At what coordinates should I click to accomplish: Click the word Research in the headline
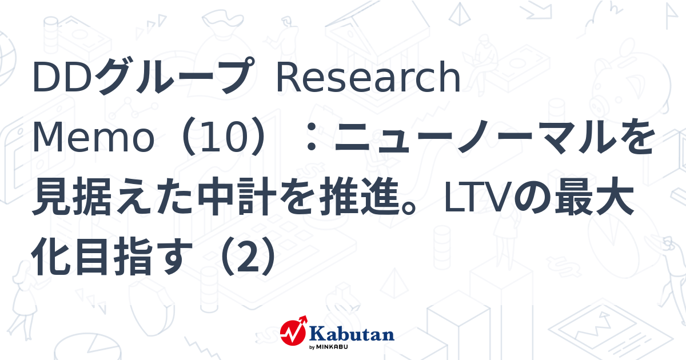368,77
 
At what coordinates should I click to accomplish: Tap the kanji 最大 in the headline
595,196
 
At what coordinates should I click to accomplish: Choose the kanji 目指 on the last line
113,255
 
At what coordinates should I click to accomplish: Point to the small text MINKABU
332,347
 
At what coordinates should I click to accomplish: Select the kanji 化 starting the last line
51,255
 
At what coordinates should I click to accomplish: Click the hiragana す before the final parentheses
173,256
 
